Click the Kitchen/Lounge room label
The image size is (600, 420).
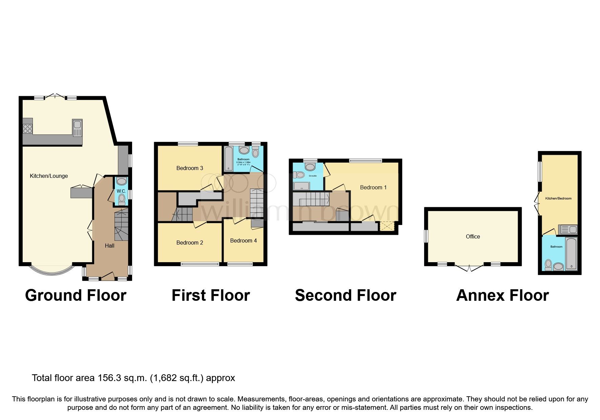point(49,176)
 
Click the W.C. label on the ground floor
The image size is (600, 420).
point(121,191)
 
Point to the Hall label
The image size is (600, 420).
point(109,246)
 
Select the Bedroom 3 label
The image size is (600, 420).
point(189,168)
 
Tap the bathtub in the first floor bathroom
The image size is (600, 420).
point(229,159)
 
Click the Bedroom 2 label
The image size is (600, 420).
point(189,243)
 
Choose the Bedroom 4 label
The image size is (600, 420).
point(243,240)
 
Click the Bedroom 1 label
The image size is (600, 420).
point(373,187)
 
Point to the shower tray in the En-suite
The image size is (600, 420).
point(302,186)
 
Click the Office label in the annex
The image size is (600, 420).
point(473,236)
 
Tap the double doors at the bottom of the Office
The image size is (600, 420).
point(469,268)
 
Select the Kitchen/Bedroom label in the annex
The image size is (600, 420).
point(558,198)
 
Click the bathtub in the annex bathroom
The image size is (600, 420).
point(571,254)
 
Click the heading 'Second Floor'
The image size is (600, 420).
point(345,295)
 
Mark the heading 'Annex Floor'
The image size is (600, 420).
point(502,295)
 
